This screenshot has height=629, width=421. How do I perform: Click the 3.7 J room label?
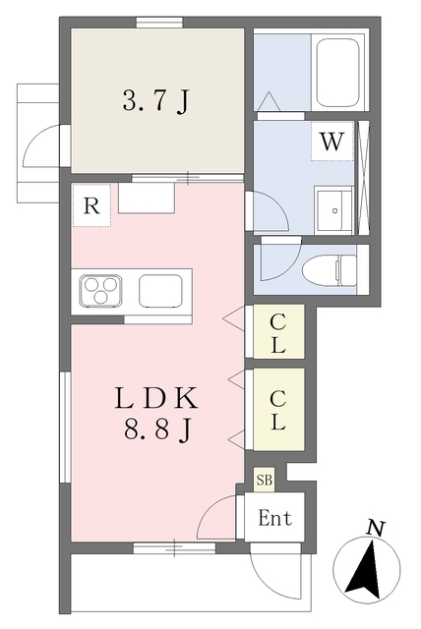coord(155,100)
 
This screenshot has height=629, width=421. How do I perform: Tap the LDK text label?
coord(156,397)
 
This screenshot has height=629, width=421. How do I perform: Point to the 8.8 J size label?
coord(156,430)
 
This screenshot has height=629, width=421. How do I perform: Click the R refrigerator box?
coord(91,205)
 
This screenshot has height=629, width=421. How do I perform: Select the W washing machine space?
coord(332,141)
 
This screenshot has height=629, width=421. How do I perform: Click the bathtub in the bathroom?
coord(337,73)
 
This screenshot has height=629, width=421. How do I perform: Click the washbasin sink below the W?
coord(333,210)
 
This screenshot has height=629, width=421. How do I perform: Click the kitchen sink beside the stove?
coord(160,291)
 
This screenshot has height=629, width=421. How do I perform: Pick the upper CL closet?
coord(278,332)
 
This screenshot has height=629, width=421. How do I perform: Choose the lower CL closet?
coord(278,409)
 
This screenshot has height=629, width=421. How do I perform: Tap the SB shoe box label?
coord(264,480)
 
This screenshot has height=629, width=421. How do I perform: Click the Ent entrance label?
coord(274,518)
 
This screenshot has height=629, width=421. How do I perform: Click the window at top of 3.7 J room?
coord(159,23)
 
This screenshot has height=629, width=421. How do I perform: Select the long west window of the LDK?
coord(66,428)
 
